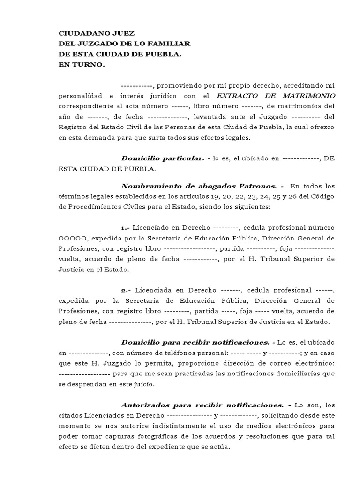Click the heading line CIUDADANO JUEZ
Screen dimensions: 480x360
pyautogui.click(x=96, y=34)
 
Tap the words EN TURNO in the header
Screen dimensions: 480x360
pyautogui.click(x=82, y=65)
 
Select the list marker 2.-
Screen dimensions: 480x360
pyautogui.click(x=126, y=290)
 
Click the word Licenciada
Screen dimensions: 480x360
pyautogui.click(x=151, y=290)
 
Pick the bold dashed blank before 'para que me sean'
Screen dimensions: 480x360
pyautogui.click(x=84, y=374)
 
